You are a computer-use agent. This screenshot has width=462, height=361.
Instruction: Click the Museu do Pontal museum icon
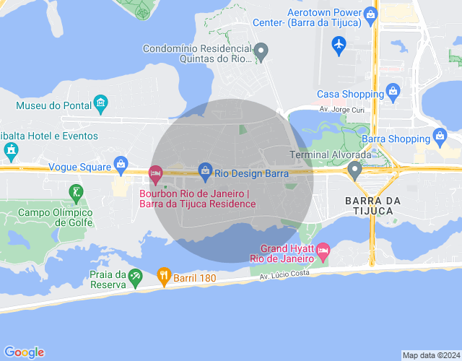100,105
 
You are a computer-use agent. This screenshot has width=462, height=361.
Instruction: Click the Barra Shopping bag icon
440,136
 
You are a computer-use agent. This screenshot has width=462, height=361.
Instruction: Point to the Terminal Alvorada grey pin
354,170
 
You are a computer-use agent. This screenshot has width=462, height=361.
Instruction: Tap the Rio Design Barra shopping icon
206,170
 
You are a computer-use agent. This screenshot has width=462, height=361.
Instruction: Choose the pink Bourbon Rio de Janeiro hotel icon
155,173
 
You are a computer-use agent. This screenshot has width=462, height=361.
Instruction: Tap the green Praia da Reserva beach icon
135,276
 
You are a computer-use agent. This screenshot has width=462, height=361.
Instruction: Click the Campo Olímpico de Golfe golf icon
76,192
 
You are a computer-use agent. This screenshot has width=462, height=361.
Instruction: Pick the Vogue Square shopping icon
121,165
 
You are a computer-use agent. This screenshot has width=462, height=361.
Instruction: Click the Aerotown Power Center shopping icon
371,14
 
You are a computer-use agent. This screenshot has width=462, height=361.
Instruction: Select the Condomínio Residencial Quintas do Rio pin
262,51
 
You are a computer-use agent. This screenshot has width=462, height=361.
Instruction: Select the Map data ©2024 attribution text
430,355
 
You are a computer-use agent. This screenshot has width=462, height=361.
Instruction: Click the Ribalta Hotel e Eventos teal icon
10,150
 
